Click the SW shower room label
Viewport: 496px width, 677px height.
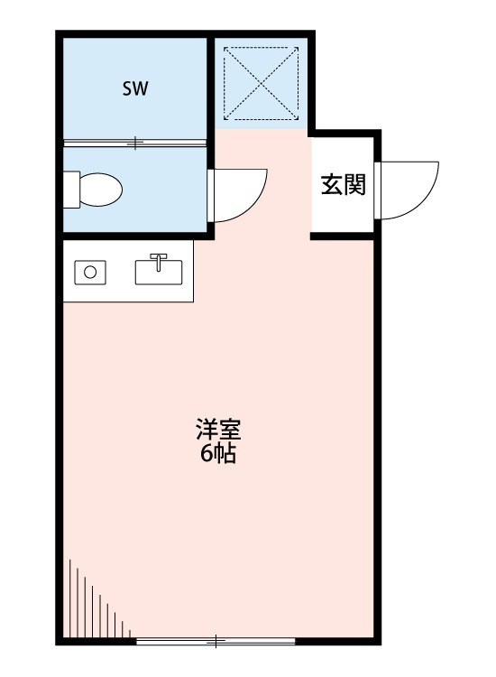pyautogui.click(x=135, y=88)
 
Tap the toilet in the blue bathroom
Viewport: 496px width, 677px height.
pyautogui.click(x=96, y=190)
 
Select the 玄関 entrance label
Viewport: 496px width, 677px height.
pyautogui.click(x=343, y=186)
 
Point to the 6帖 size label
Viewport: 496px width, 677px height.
pyautogui.click(x=217, y=454)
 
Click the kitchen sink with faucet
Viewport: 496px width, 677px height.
pyautogui.click(x=159, y=270)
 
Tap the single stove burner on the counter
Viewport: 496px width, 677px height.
pyautogui.click(x=90, y=271)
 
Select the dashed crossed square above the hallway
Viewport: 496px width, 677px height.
pyautogui.click(x=262, y=82)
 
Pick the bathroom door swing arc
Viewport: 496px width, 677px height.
pyautogui.click(x=239, y=194)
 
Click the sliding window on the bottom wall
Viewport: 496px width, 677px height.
pyautogui.click(x=216, y=641)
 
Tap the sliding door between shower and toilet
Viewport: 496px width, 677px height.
pyautogui.click(x=135, y=143)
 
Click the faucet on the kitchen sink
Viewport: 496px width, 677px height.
pyautogui.click(x=159, y=261)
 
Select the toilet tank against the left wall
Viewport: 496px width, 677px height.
pyautogui.click(x=71, y=190)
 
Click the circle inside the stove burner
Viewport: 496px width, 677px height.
pyautogui.click(x=90, y=271)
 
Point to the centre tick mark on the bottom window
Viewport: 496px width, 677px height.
pyautogui.click(x=216, y=641)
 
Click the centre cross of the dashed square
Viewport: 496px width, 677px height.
pyautogui.click(x=262, y=82)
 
